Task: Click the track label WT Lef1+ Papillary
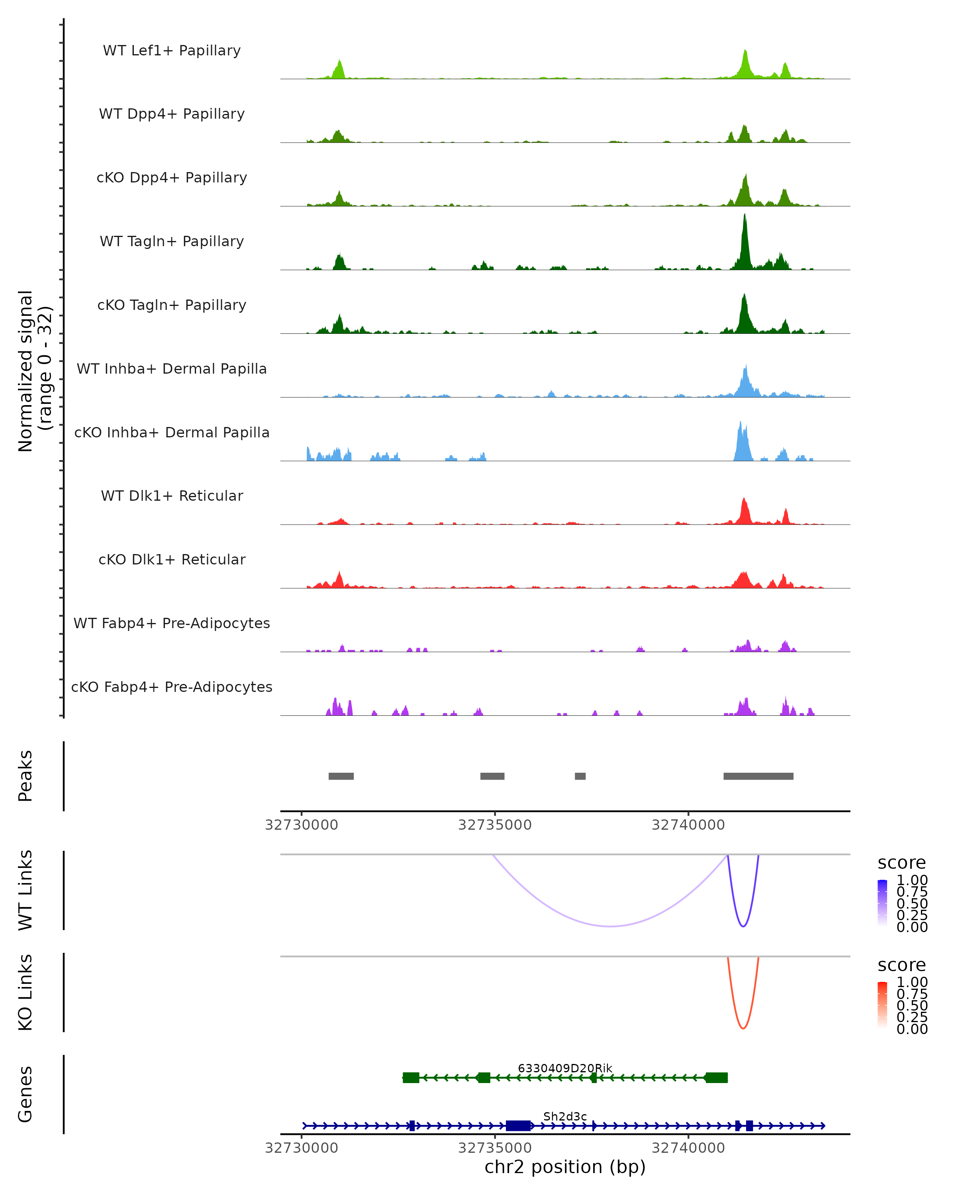pos(172,51)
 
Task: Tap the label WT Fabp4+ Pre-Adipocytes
pos(172,623)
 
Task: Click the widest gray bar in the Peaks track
pos(758,776)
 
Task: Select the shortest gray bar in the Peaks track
pos(580,776)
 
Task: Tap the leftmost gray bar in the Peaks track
pos(341,776)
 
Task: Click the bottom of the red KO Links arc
pos(743,1028)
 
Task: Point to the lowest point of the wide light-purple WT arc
pos(610,926)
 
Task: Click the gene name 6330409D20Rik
pos(565,1068)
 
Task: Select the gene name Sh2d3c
pos(565,1116)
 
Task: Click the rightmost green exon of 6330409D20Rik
pos(717,1077)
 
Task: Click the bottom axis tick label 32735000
pos(495,1148)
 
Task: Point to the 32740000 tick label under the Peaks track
pos(688,825)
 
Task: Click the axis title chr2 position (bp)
pos(565,1167)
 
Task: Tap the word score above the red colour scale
pos(902,965)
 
